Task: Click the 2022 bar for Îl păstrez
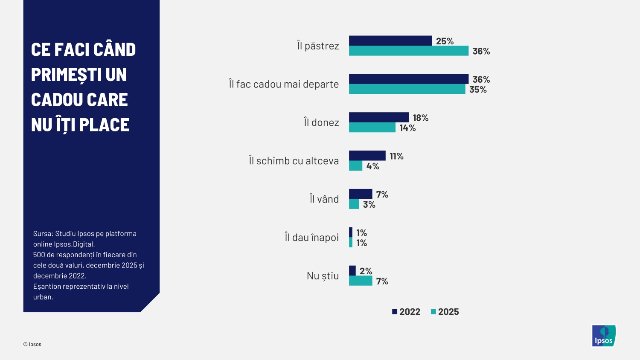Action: (390, 41)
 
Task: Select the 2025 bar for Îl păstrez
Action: (409, 51)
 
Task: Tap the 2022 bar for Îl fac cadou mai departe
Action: (409, 79)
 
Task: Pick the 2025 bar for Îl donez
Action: (372, 128)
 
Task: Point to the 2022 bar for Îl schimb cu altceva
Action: (367, 156)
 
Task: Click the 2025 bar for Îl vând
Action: (354, 204)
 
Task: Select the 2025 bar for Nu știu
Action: (361, 281)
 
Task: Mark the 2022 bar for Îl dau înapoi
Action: (351, 232)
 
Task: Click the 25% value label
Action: (445, 41)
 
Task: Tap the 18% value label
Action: (420, 118)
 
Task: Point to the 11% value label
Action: (396, 156)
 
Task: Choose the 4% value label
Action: (372, 166)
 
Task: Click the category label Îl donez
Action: (321, 123)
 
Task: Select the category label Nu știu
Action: (323, 276)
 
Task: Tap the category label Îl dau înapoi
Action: (311, 238)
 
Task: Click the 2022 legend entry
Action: (406, 312)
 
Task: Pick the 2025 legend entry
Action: (445, 312)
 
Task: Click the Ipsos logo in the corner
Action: (604, 336)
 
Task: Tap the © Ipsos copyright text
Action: (32, 344)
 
